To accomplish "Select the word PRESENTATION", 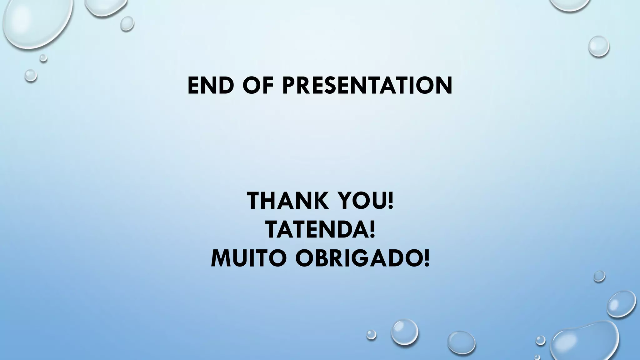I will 367,85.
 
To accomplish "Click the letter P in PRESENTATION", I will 290,85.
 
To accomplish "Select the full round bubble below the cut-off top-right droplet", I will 599,46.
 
